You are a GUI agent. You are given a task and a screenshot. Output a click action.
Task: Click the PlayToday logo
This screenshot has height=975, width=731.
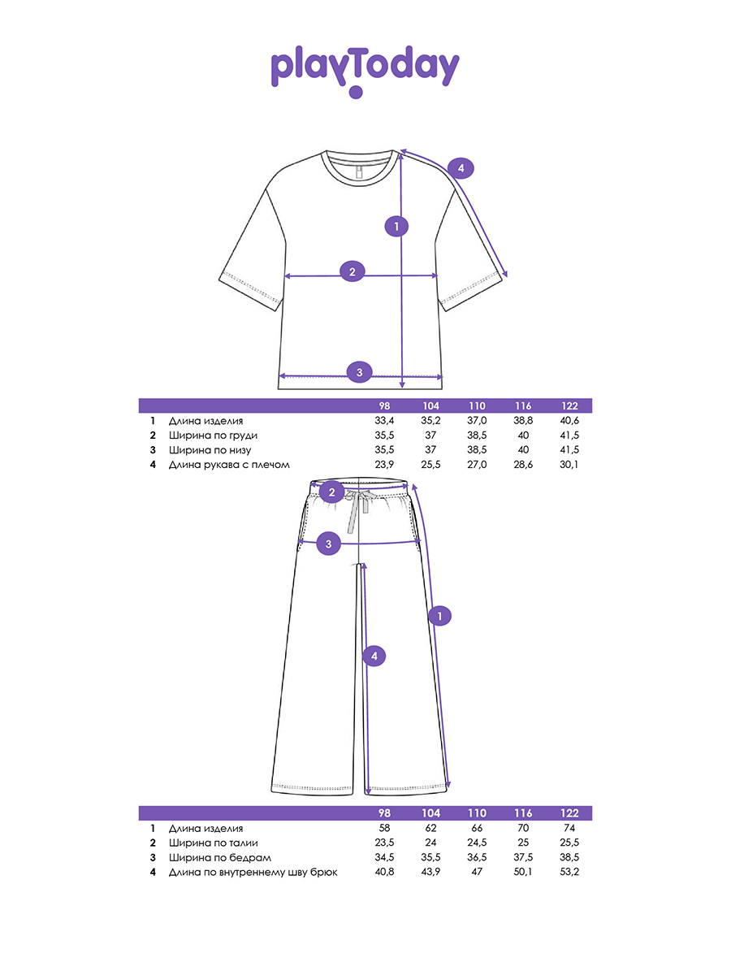tap(365, 71)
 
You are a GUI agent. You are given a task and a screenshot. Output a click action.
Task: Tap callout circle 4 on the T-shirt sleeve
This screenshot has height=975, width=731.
tap(461, 168)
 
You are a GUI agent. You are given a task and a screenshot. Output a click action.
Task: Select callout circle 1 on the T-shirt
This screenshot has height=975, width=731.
tap(396, 227)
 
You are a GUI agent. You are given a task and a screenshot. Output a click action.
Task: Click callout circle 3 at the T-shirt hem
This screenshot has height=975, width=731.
tap(360, 372)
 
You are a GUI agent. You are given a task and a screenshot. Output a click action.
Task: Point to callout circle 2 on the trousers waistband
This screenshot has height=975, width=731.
tap(331, 492)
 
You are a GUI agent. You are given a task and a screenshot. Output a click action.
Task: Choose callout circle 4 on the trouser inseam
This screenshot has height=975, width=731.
tap(374, 656)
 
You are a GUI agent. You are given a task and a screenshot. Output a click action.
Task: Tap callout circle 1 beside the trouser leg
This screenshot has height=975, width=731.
tap(440, 616)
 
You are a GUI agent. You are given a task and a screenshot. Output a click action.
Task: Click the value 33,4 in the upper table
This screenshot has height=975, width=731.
tap(384, 420)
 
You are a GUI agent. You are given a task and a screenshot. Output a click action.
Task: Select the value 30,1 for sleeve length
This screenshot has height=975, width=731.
tap(569, 464)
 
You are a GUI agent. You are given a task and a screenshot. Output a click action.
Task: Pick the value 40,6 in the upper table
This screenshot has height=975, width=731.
tap(569, 420)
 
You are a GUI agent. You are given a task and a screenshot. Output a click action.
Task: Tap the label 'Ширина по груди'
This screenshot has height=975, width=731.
tap(213, 435)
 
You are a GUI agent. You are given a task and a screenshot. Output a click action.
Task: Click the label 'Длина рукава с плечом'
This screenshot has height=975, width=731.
tap(229, 465)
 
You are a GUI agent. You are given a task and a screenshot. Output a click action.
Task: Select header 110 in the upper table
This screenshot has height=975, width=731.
tap(477, 405)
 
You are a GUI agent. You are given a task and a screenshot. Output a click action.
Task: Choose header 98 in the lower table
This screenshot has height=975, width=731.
tap(384, 812)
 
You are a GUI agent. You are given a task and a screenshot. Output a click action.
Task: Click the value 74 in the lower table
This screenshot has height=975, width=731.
tap(569, 828)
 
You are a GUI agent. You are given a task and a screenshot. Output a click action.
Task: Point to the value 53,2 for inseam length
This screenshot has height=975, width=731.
tap(569, 872)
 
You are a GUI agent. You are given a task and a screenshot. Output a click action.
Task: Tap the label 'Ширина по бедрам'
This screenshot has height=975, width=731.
tap(220, 858)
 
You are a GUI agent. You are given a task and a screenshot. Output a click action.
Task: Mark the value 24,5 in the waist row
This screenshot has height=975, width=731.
tap(477, 843)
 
